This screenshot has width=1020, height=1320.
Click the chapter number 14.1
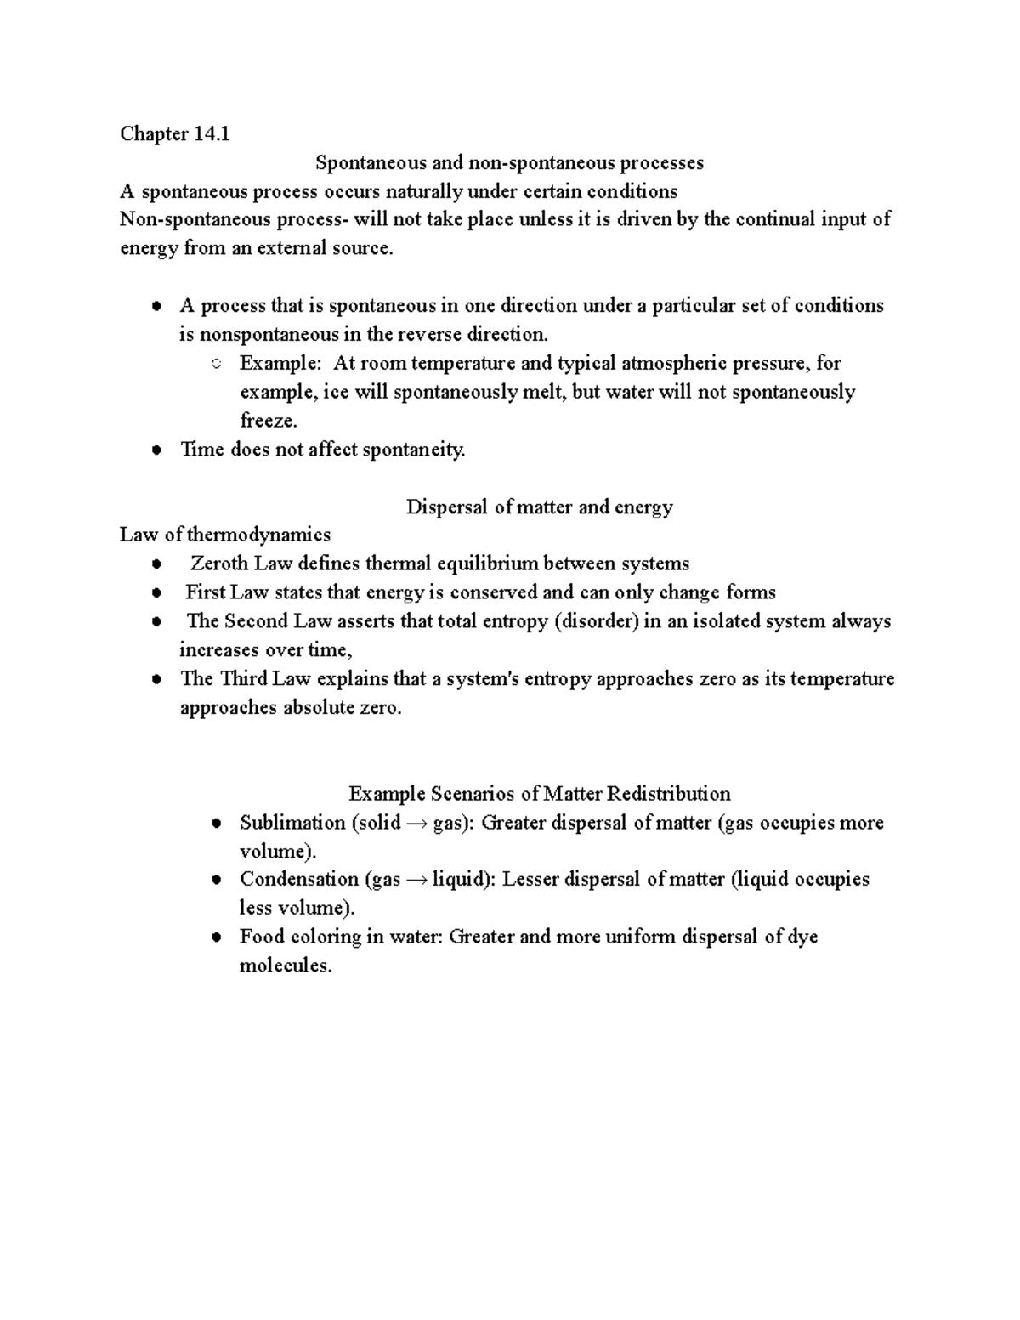click(212, 134)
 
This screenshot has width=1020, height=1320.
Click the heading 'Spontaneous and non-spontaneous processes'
click(509, 162)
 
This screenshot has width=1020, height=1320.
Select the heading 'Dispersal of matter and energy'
click(539, 507)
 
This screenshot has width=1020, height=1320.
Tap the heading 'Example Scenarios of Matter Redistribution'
click(539, 794)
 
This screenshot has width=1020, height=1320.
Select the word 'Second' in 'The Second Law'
click(256, 621)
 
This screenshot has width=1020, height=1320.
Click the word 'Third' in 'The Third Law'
click(244, 679)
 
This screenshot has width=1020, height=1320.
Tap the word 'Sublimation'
click(280, 823)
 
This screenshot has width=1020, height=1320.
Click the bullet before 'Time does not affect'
click(156, 451)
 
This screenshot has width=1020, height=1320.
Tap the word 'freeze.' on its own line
click(269, 422)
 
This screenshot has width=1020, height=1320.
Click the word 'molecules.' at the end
click(285, 966)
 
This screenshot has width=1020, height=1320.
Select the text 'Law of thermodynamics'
click(225, 535)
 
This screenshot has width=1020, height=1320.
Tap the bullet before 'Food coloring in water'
click(217, 938)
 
